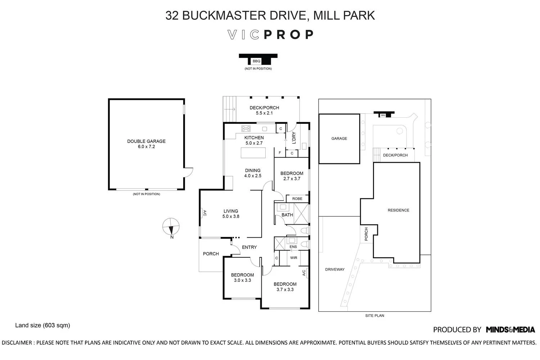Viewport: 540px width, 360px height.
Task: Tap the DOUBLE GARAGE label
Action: (146, 141)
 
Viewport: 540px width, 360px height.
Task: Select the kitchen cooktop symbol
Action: (246, 129)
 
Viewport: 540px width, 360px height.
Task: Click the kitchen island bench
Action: (253, 153)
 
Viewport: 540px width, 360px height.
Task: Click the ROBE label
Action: (297, 199)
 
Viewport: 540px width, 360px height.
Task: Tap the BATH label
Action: (287, 215)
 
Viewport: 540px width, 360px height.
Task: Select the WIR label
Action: (294, 258)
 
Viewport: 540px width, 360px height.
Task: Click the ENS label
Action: (293, 247)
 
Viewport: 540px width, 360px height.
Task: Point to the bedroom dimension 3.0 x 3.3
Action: (242, 280)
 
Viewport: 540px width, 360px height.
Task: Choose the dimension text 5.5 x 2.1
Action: (264, 113)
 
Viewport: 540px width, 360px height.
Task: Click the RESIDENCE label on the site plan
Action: (398, 210)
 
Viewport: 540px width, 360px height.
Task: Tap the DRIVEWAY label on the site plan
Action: (335, 269)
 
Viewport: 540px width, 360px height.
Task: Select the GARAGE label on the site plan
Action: (339, 138)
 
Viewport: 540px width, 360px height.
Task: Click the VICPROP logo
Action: (271, 35)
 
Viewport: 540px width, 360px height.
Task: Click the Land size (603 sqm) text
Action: (42, 325)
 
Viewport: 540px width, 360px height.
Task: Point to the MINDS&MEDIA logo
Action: (510, 329)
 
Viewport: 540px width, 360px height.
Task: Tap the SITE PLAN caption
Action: (374, 316)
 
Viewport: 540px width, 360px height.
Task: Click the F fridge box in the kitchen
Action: (280, 153)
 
